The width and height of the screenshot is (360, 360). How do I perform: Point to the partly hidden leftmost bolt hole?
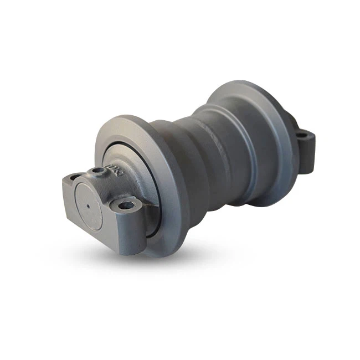tap(72, 177)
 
